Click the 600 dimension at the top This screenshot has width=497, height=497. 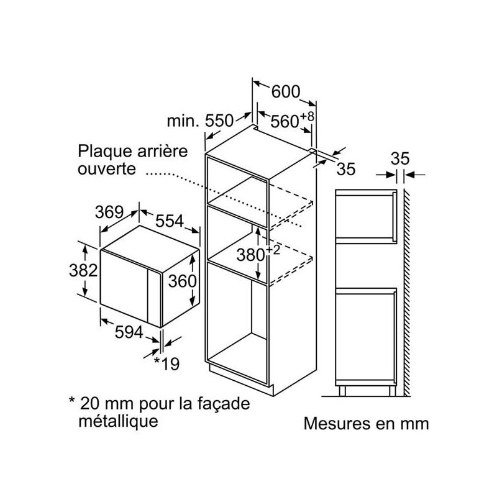[x=286, y=92]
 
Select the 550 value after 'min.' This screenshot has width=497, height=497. [x=219, y=121]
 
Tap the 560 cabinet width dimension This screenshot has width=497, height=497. [x=285, y=121]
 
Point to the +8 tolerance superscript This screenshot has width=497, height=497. [x=307, y=116]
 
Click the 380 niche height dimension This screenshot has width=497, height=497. [x=251, y=255]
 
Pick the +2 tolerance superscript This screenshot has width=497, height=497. [x=273, y=250]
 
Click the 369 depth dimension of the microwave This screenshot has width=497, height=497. [x=109, y=212]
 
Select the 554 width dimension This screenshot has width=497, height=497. [x=170, y=221]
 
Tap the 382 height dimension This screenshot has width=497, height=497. [x=83, y=271]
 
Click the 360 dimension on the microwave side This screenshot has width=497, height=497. [x=182, y=281]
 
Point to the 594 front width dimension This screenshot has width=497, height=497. [x=129, y=332]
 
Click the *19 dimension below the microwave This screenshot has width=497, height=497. [x=166, y=364]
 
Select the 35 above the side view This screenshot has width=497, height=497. [x=400, y=158]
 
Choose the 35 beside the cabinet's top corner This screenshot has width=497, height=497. [x=346, y=169]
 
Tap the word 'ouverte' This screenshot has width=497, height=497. [x=107, y=168]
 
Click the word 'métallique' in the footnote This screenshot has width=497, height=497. [x=118, y=421]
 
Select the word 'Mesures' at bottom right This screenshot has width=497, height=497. [x=337, y=424]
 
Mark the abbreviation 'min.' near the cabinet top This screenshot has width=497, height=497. [x=183, y=121]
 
